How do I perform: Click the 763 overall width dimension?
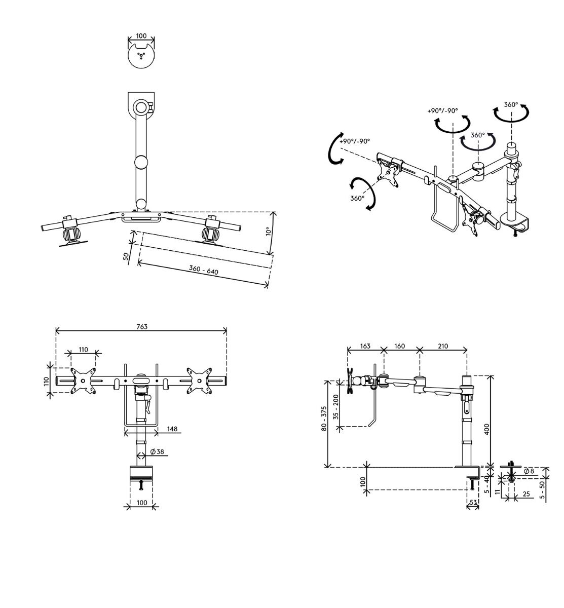[142, 327]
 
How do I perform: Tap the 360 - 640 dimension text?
[203, 270]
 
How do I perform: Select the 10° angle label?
[268, 232]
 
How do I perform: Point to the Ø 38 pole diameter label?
[157, 451]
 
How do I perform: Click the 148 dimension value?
[172, 429]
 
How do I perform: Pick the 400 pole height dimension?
[487, 429]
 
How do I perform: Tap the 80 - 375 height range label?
[324, 419]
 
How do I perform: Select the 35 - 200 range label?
[336, 407]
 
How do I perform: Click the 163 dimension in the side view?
[365, 346]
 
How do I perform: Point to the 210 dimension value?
[443, 346]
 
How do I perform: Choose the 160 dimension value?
[399, 346]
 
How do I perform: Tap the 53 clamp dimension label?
[473, 503]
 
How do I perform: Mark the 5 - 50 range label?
[542, 490]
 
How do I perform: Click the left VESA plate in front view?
[83, 381]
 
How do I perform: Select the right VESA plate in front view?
[199, 381]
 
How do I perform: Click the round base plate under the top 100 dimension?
[141, 56]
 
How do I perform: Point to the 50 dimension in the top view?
[126, 256]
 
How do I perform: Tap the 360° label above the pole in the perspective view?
[511, 105]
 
